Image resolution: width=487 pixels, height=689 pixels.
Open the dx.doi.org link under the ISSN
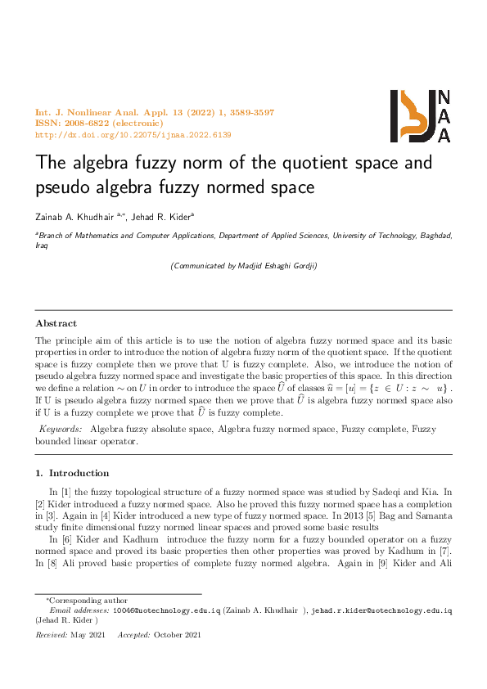point(133,134)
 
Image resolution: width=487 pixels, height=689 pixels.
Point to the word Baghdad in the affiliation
point(429,235)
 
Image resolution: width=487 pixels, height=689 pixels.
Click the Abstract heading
point(56,323)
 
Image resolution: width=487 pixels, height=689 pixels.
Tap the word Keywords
point(61,429)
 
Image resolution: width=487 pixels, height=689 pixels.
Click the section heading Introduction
point(79,473)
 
